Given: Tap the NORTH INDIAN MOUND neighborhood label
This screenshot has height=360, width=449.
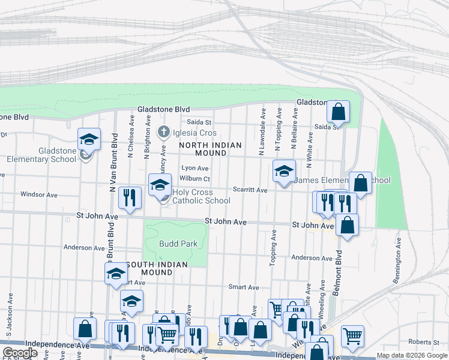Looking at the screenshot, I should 210,149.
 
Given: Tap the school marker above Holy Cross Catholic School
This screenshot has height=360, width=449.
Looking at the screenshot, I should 160,185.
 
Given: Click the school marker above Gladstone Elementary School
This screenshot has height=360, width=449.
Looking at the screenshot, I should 89,139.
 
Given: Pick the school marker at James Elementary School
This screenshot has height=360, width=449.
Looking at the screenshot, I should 284,171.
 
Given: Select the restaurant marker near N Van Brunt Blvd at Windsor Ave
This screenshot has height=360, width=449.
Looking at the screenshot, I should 130,198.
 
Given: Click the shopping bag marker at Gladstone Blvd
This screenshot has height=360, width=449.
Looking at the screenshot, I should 338,112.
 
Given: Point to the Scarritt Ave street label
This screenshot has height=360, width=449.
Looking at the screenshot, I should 250,190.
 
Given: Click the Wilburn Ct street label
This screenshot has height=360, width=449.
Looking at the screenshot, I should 195,179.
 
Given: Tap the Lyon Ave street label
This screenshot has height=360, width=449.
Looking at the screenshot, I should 195,169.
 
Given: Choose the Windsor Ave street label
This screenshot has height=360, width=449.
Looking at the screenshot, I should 38,194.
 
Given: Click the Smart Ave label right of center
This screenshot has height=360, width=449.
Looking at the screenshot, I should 244,287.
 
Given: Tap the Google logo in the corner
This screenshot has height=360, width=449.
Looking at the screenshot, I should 20,353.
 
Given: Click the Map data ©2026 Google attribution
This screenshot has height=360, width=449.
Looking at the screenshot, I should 412,355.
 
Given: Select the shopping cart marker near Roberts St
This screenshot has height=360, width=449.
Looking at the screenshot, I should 352,336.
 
